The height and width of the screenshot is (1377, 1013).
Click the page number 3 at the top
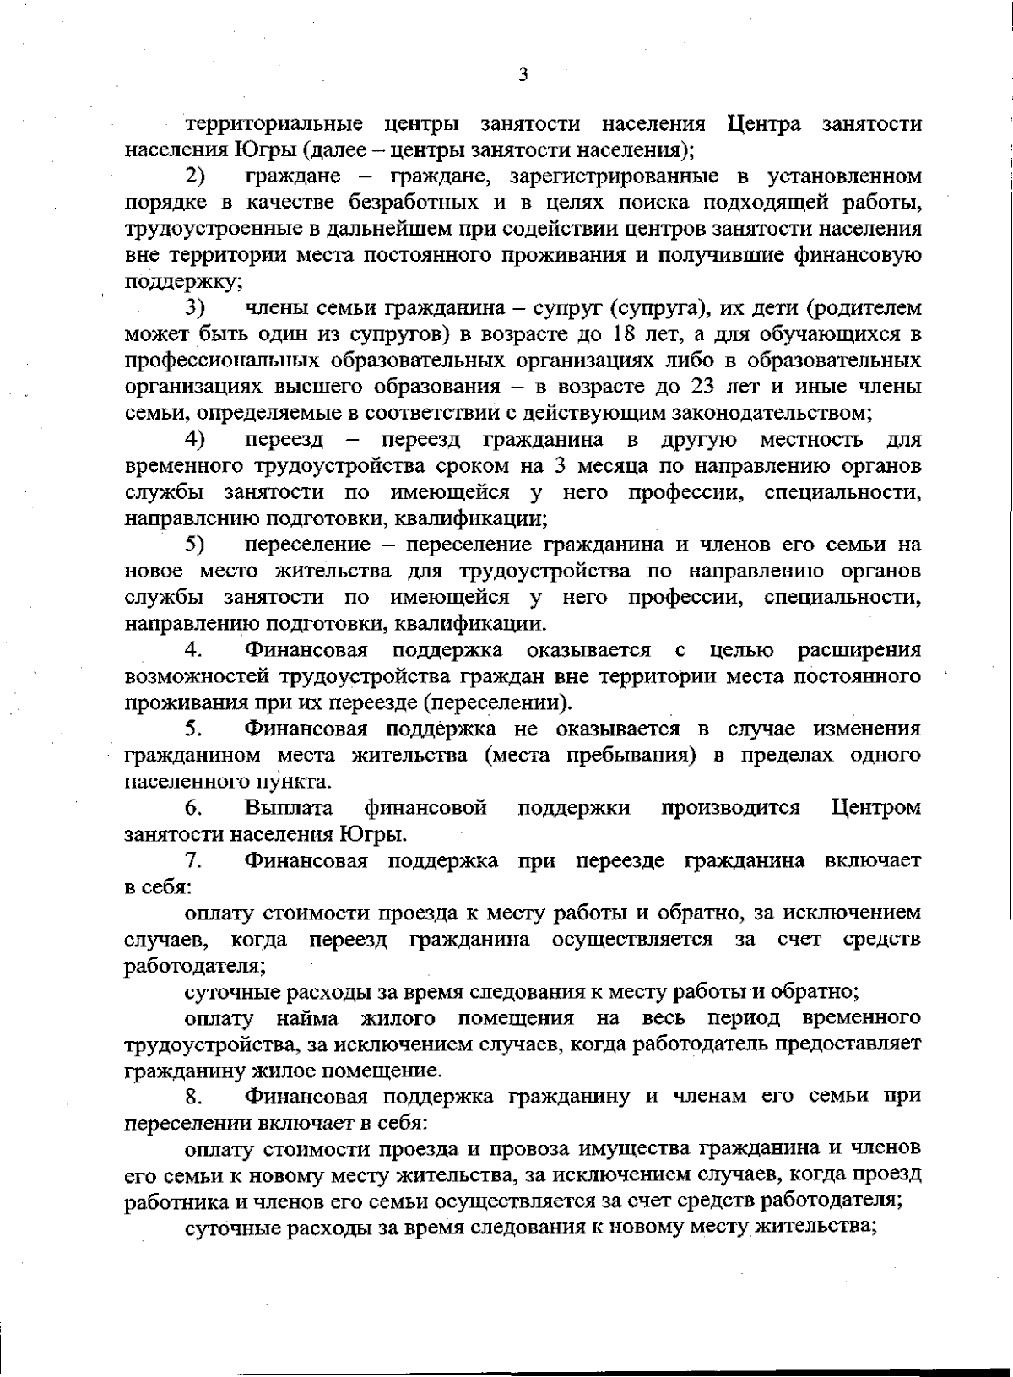523,74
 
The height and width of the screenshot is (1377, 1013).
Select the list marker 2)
196,177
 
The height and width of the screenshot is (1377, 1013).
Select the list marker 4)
196,440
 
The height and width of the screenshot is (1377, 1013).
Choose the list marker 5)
196,545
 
